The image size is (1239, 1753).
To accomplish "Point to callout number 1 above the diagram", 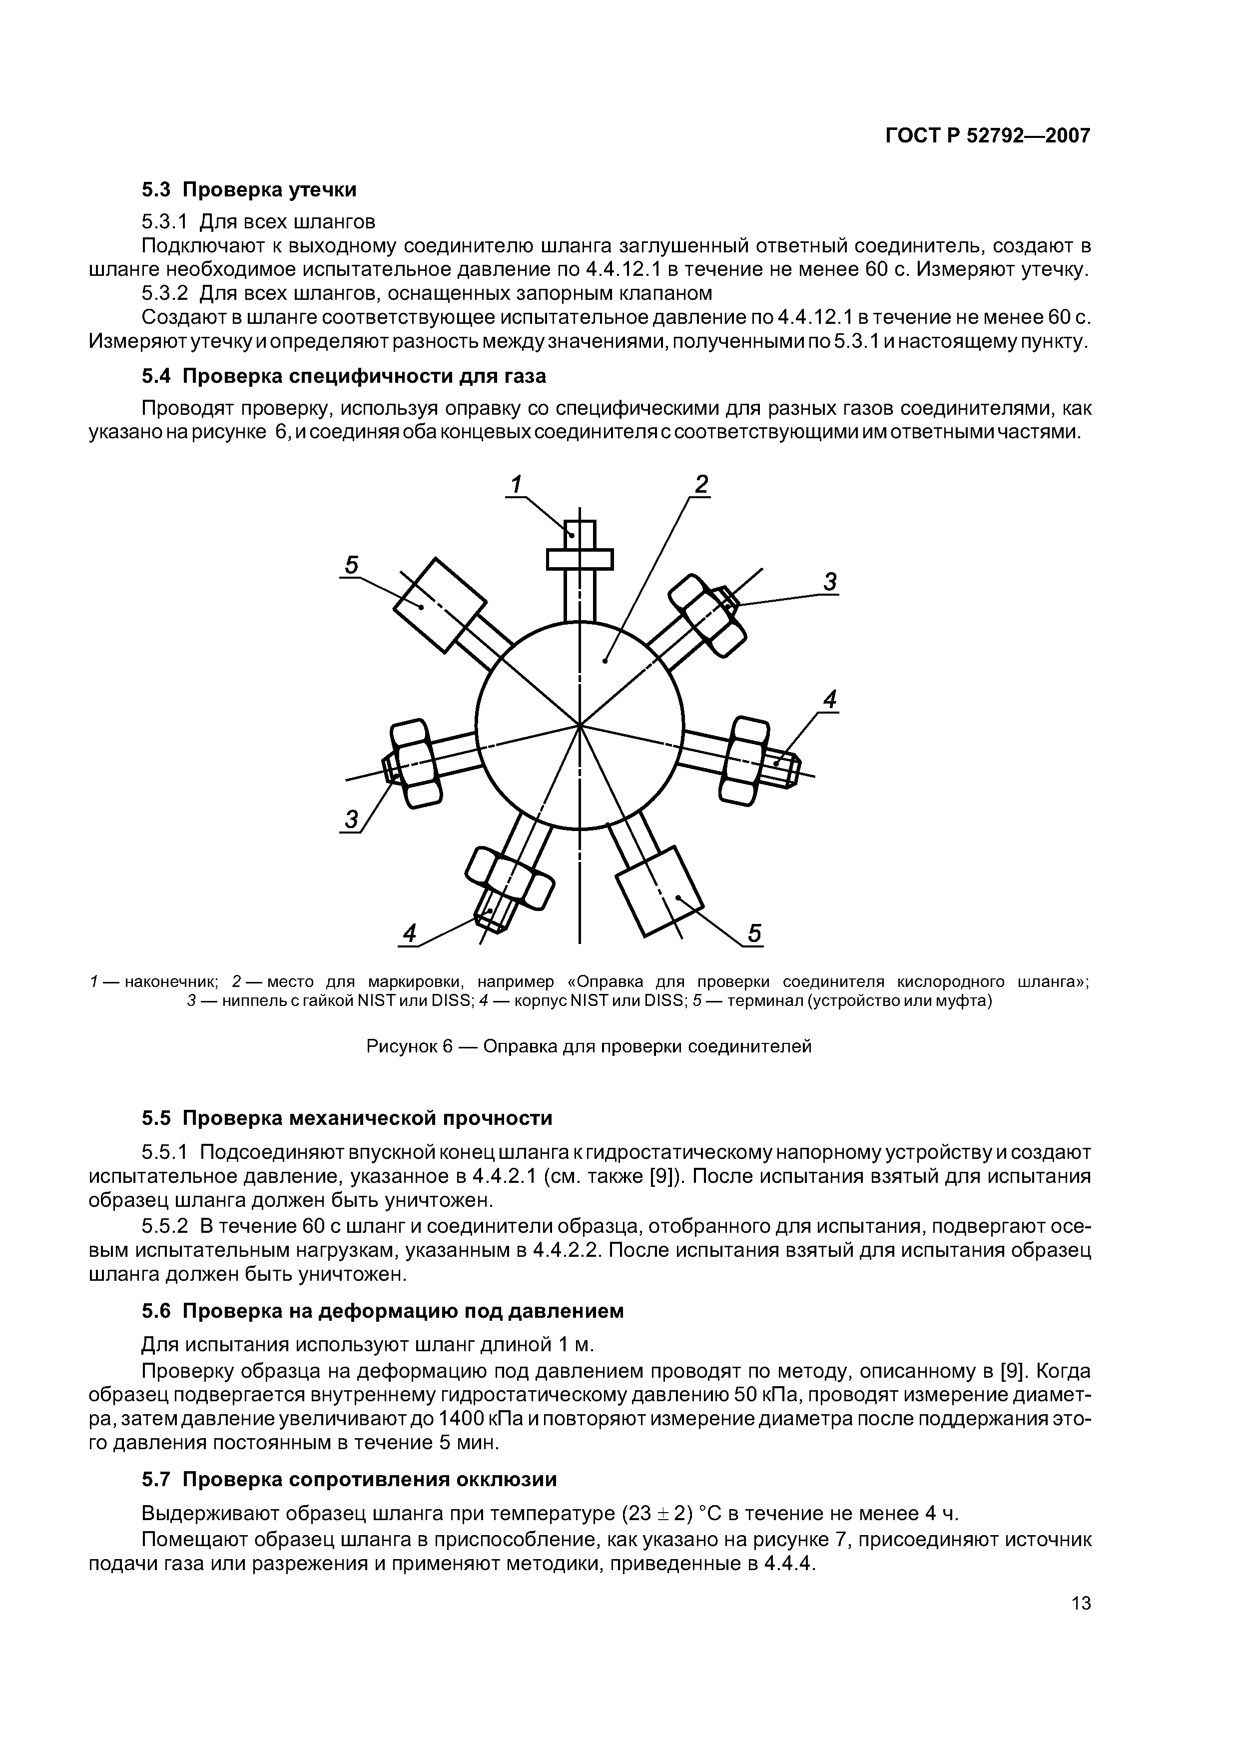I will [516, 485].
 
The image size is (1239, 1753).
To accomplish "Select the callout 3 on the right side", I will [830, 583].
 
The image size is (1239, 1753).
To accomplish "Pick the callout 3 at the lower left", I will [350, 820].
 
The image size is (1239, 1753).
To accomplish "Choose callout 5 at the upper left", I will [351, 565].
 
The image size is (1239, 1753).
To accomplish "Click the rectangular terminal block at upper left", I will [440, 605].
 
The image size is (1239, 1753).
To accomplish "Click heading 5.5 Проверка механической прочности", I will [347, 1118].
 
